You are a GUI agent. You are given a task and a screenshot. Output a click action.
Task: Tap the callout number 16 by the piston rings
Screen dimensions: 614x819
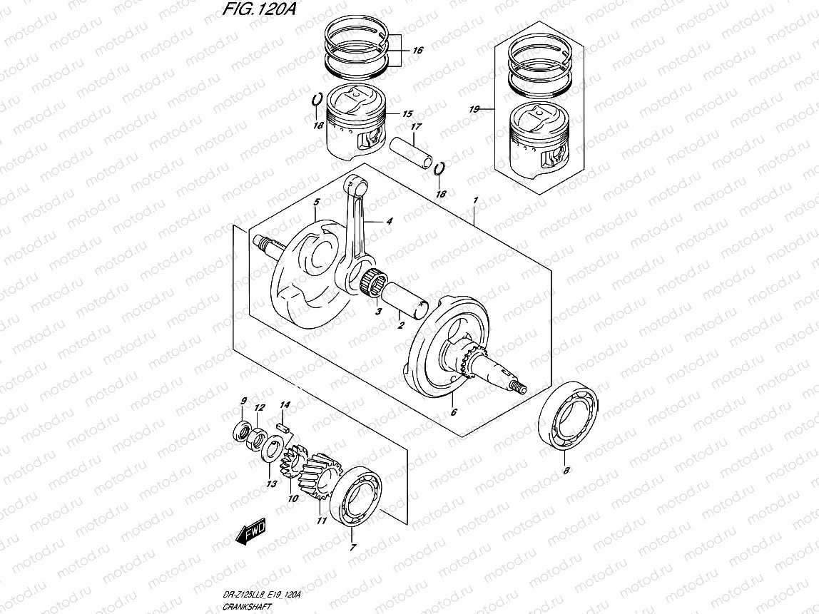(x=417, y=51)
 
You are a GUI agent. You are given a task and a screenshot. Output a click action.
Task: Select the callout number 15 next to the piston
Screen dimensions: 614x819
(x=407, y=114)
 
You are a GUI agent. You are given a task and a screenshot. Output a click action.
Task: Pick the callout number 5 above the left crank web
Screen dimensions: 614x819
(x=316, y=203)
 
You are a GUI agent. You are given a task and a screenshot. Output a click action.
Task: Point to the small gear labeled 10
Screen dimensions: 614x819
(x=292, y=464)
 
